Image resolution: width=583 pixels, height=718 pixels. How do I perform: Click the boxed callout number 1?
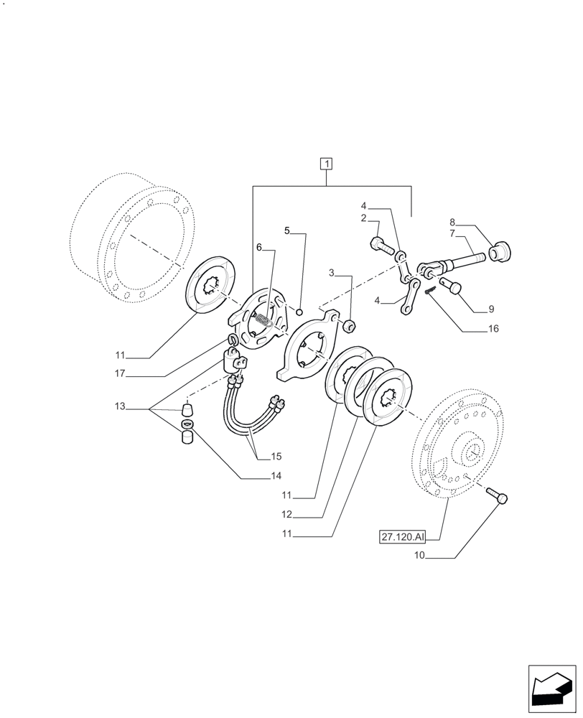(x=327, y=164)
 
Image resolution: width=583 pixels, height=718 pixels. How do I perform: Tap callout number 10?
(x=420, y=556)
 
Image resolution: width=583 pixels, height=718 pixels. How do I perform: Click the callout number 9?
(x=491, y=309)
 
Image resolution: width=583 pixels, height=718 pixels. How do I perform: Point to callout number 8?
(x=453, y=223)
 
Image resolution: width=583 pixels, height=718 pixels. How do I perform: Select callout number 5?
(x=287, y=231)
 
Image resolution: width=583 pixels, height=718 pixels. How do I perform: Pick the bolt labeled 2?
(x=381, y=246)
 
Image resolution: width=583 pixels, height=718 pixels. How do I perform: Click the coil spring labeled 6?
(x=265, y=317)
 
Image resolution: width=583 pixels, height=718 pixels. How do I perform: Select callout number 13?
(x=119, y=407)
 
